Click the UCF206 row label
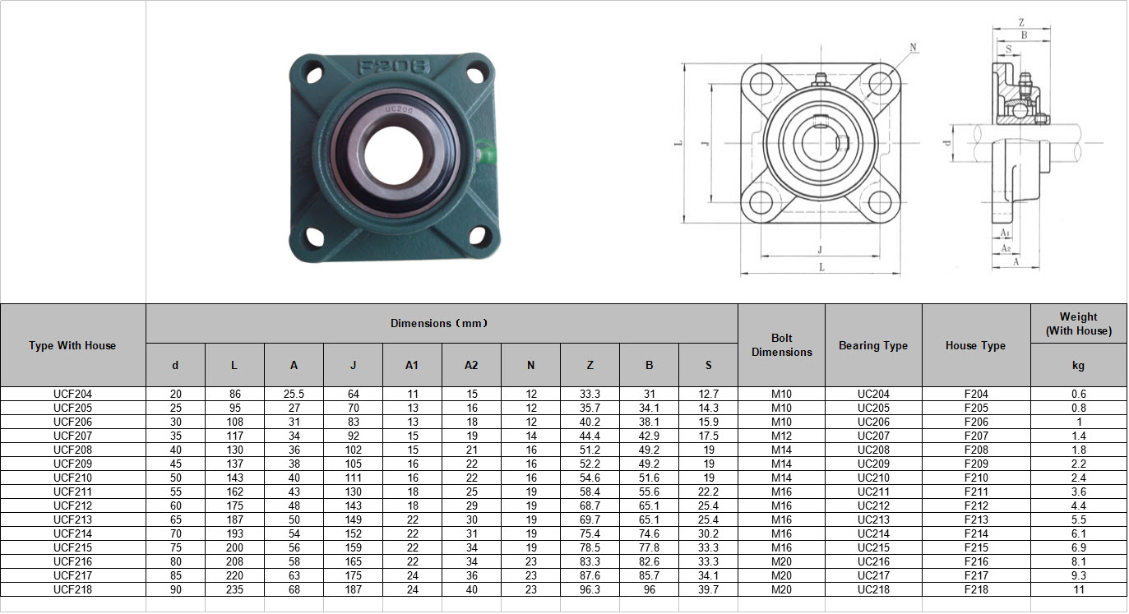(x=72, y=422)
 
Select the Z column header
(x=590, y=365)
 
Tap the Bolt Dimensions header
(x=782, y=345)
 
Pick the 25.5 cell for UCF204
(x=294, y=394)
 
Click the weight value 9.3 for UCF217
(x=1079, y=575)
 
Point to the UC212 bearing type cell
(x=873, y=506)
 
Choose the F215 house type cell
(x=976, y=547)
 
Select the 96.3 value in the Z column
(x=590, y=589)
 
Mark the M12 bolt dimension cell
(x=781, y=436)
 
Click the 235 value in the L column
(x=234, y=589)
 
